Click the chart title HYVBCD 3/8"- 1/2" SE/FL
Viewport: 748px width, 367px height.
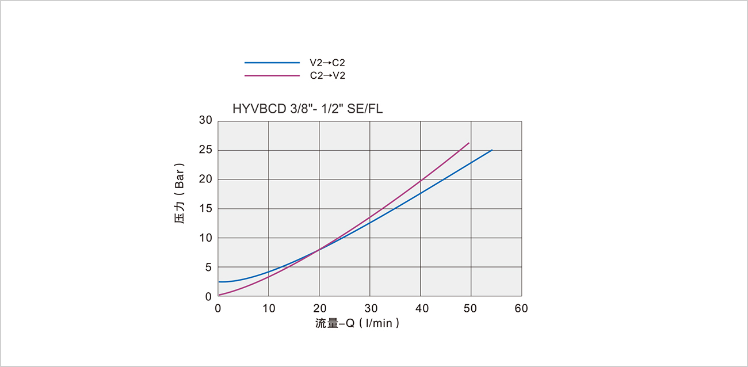tap(307, 108)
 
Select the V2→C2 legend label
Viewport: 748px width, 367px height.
tap(327, 63)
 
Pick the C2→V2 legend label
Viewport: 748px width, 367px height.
tap(327, 75)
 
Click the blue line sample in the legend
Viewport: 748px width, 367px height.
tap(272, 62)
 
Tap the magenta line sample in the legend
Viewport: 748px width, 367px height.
tap(272, 75)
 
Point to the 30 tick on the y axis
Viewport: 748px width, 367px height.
tap(206, 121)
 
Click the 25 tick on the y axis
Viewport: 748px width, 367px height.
tap(206, 150)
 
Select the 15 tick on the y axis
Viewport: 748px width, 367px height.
tap(206, 209)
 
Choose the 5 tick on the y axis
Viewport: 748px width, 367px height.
tap(208, 267)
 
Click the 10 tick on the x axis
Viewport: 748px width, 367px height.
tap(269, 309)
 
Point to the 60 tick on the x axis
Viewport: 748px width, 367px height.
tap(521, 309)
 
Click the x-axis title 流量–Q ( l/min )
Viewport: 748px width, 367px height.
tap(357, 323)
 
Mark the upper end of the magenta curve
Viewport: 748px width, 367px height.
tap(469, 143)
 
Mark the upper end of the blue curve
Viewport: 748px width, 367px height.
tap(492, 150)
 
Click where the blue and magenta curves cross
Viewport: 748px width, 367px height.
tap(319, 249)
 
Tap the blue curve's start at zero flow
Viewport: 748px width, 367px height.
tap(219, 282)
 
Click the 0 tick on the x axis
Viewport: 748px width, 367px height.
tap(218, 309)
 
